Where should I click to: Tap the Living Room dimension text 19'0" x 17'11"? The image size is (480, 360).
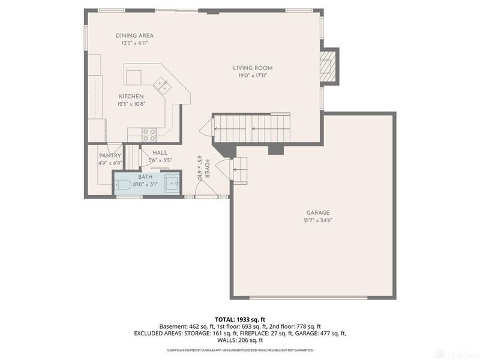tap(253, 76)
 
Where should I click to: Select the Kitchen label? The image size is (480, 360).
tap(131, 96)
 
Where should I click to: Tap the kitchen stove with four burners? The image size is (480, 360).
tap(149, 134)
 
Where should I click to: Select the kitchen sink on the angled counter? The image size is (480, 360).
tap(160, 84)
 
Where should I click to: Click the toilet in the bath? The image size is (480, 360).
tap(122, 185)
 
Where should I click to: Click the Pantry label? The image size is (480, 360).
tap(110, 155)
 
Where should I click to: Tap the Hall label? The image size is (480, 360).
tap(160, 153)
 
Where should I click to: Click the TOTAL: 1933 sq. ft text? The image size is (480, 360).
tap(240, 319)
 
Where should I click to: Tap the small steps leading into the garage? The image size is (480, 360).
tap(239, 169)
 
